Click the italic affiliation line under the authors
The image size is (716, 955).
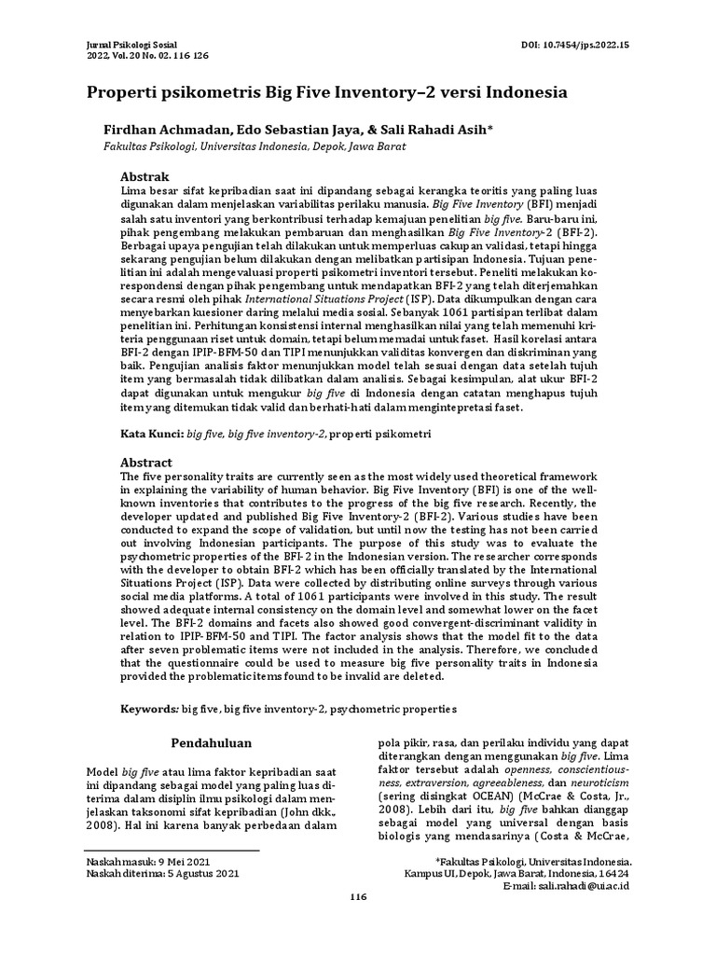254,147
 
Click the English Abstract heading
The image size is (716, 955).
147,462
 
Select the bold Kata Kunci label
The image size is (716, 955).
153,435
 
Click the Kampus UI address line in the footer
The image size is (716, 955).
516,873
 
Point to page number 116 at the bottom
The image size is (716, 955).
358,922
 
